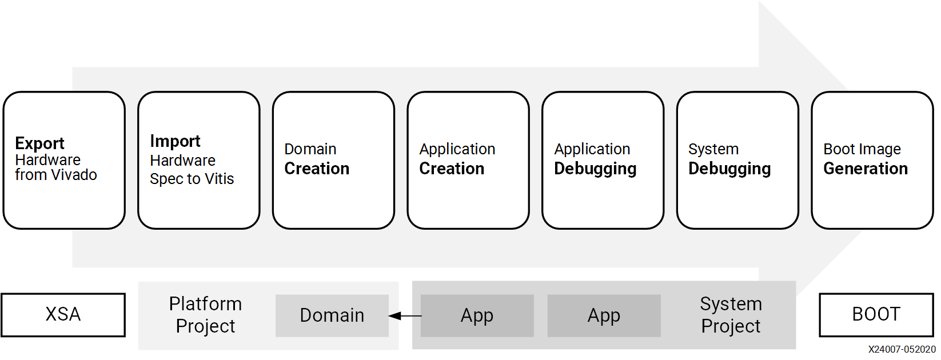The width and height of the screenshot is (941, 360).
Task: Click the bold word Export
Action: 39,143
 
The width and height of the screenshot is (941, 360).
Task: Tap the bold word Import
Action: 175,141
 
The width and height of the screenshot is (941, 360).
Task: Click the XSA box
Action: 63,314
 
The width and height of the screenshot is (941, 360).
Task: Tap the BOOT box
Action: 876,314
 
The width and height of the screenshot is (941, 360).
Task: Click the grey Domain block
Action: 332,315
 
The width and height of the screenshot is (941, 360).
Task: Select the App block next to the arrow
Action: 477,315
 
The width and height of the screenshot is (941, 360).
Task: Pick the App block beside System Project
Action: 604,315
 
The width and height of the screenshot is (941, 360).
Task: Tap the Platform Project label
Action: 205,314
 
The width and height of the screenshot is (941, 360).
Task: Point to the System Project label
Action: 731,314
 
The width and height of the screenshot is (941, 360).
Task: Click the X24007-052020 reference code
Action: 902,350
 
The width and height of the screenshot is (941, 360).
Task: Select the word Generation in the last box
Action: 865,169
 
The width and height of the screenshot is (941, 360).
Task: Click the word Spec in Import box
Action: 166,179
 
